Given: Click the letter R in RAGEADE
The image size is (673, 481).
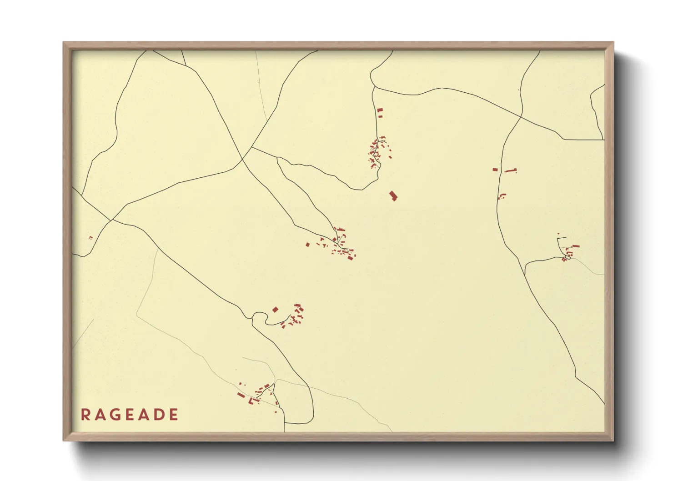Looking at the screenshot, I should tap(85, 415).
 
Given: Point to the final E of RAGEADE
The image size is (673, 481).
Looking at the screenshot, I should tap(174, 415).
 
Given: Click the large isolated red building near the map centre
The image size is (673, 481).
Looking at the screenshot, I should tap(393, 196).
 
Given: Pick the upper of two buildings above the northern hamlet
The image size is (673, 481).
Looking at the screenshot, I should tap(381, 110).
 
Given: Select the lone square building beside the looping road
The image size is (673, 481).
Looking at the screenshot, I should tap(275, 310).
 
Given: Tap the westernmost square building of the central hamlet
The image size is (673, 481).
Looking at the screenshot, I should tap(307, 245).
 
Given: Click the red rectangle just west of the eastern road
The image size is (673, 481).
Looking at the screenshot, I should tap(495, 170).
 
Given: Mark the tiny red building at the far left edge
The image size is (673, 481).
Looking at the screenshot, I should tap(90, 237).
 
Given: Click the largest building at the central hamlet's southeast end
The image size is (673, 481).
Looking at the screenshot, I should tap(350, 258).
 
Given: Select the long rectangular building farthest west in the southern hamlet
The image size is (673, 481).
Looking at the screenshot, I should tap(241, 395).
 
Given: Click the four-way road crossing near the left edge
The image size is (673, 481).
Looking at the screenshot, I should tap(111, 220).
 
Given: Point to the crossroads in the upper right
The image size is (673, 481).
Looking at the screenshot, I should tap(522, 117).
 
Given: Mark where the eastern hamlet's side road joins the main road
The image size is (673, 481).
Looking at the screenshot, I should tap(525, 264).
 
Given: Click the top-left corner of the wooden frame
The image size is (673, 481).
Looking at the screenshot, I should tap(64, 43).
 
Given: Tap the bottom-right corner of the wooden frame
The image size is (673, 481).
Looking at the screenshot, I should tap(613, 440).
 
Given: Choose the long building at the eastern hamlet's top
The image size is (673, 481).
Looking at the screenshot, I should tap(576, 246).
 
